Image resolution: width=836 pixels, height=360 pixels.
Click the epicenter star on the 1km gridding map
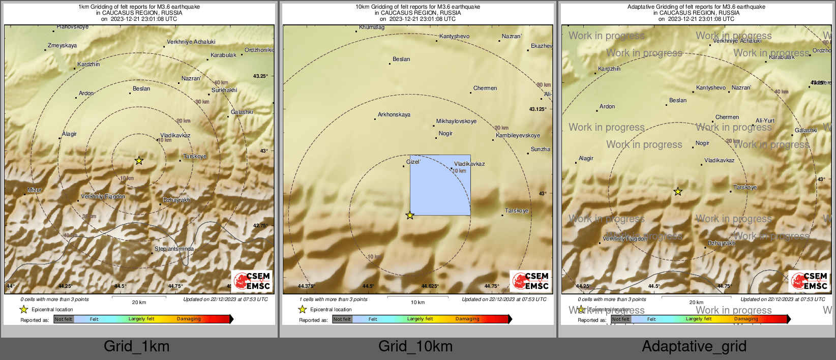point(139,161)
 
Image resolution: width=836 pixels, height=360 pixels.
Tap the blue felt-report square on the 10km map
point(440,185)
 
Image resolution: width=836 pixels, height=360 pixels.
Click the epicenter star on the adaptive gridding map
point(678,192)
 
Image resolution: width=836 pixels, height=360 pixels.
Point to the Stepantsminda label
point(174,249)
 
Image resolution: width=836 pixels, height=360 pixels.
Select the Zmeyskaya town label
point(62,45)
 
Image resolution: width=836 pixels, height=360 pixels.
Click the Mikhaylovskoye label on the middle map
point(456,121)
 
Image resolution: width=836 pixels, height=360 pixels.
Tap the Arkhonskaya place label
point(394,114)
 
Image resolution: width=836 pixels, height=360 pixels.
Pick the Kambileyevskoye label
point(518,135)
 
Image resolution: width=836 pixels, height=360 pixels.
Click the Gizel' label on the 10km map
point(413,162)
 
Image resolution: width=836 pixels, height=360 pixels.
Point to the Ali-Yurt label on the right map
point(765,121)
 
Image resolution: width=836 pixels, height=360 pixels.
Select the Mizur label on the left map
point(35,190)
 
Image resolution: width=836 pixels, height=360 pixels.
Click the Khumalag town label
point(371,27)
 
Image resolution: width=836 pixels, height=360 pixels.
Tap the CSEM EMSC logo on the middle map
point(531,281)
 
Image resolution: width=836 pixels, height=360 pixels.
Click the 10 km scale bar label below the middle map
point(417,303)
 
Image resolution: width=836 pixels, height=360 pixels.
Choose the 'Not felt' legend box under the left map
point(64,319)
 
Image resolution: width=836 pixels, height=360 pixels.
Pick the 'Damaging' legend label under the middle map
point(467,319)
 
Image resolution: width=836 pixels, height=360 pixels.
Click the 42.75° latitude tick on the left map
point(260,225)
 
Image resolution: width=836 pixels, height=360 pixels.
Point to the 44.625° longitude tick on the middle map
point(430,286)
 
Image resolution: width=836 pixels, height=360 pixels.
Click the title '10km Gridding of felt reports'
point(417,7)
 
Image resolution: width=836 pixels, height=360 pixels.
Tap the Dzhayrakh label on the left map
point(176,200)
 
